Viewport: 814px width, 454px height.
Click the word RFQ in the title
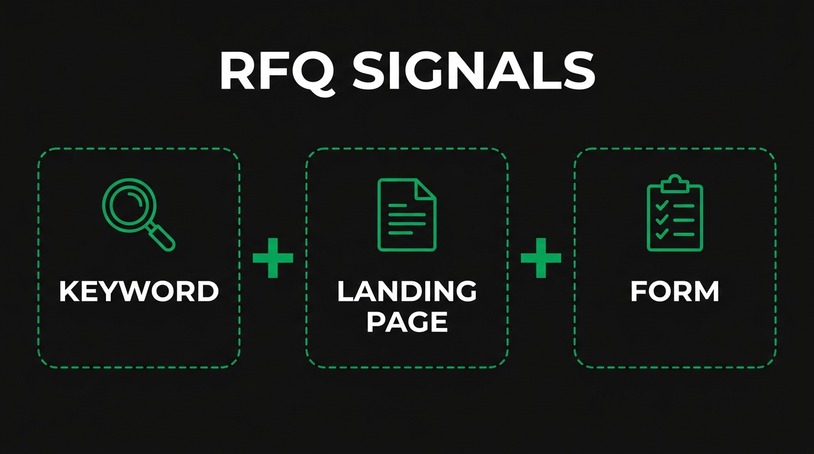click(x=279, y=72)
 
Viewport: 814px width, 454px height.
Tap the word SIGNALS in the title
click(x=473, y=70)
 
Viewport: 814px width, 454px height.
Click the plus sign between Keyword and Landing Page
click(x=273, y=258)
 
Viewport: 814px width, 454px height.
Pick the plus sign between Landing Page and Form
click(x=541, y=258)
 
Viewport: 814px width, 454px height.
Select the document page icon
click(x=406, y=215)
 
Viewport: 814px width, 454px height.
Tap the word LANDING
click(x=407, y=291)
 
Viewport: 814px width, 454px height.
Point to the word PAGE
click(x=407, y=322)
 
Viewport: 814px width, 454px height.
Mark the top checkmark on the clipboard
click(x=662, y=205)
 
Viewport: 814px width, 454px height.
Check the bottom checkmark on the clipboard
click(x=662, y=235)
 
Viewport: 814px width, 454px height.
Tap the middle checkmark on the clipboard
click(x=662, y=219)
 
